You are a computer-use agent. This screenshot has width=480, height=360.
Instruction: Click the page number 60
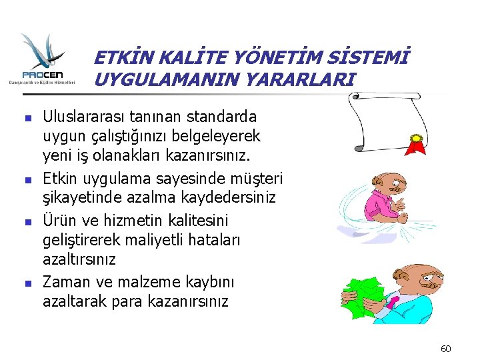point(446,348)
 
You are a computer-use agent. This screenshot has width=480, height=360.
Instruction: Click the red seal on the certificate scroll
point(417,141)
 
